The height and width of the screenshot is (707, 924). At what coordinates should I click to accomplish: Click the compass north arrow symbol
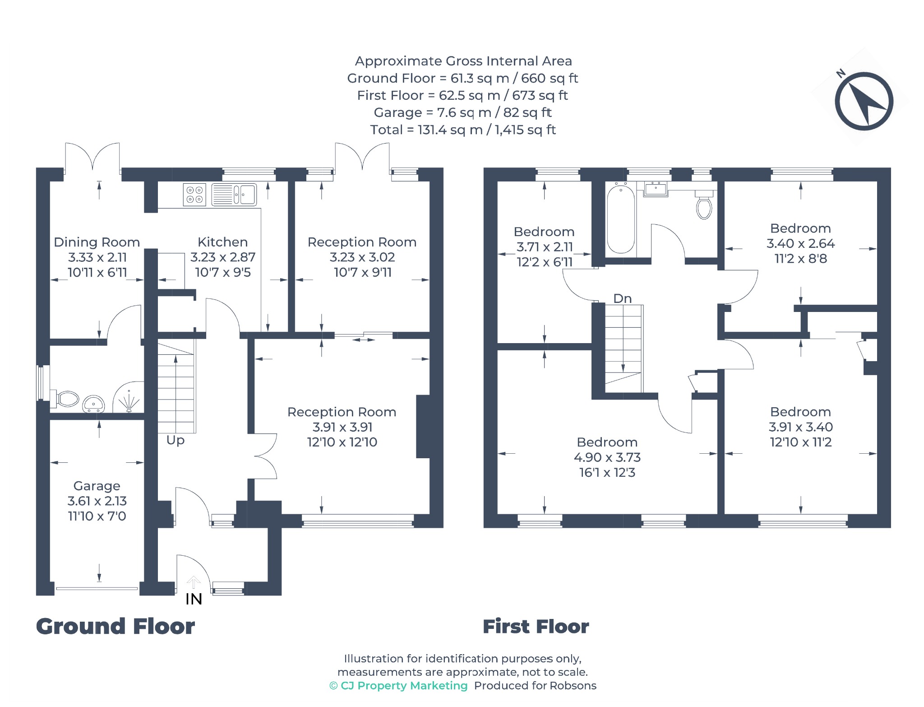(x=864, y=101)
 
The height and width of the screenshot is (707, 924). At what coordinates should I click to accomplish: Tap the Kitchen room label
(x=222, y=242)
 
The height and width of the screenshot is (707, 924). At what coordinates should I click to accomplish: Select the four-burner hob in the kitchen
(x=194, y=195)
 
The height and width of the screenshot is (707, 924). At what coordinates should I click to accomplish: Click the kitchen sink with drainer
(x=234, y=195)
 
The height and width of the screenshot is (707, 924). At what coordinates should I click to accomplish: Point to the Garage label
(x=97, y=486)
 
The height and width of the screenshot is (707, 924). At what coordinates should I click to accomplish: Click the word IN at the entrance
(x=194, y=599)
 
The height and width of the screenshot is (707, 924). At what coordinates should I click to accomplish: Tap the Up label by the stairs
(x=175, y=440)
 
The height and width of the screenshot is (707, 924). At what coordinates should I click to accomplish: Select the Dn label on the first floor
(x=622, y=298)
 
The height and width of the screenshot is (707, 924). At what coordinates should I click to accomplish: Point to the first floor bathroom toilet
(x=704, y=205)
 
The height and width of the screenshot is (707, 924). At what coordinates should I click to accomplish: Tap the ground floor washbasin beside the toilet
(x=93, y=404)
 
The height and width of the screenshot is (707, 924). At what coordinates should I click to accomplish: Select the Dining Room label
(x=97, y=242)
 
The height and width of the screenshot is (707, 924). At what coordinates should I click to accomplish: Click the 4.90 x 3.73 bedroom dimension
(x=607, y=457)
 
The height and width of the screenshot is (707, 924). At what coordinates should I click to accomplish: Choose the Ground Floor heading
(x=115, y=627)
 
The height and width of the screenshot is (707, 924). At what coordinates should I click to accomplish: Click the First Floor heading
(x=536, y=627)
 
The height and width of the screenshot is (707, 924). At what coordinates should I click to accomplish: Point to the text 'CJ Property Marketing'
(x=404, y=686)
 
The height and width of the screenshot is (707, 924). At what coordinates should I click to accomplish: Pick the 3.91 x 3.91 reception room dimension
(x=342, y=427)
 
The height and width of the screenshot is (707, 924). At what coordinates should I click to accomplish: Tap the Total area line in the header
(x=463, y=130)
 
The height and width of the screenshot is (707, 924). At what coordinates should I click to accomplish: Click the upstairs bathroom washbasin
(x=656, y=189)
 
